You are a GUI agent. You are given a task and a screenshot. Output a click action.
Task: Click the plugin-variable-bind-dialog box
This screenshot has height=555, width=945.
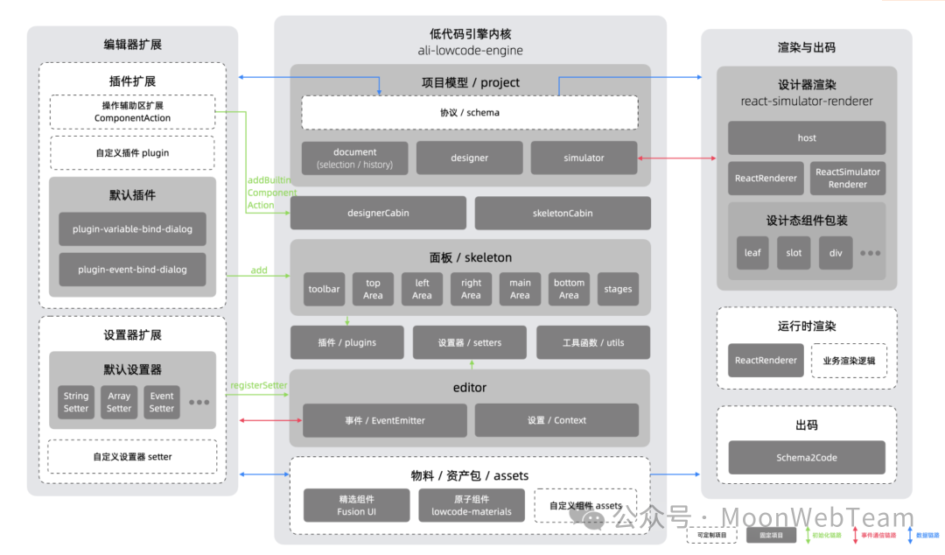[x=133, y=228]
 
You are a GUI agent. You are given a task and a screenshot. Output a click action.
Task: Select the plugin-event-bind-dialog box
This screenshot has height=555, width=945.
[x=133, y=269]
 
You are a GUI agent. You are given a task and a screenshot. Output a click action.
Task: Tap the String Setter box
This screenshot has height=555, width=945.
[x=76, y=402]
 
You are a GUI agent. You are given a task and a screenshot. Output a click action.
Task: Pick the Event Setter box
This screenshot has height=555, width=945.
[x=162, y=402]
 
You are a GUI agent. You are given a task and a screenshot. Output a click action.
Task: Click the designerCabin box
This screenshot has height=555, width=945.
[x=378, y=213]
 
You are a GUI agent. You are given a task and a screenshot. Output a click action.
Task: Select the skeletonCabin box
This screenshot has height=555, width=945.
[x=563, y=213]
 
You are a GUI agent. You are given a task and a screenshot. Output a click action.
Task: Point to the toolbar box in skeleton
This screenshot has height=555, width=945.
[x=324, y=289]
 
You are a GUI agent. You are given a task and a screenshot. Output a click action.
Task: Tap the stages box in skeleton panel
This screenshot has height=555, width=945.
[x=618, y=289]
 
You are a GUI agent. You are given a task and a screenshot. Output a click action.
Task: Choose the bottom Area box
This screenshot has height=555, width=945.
[x=569, y=289]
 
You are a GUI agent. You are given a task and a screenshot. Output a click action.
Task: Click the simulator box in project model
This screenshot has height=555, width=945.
[x=584, y=158]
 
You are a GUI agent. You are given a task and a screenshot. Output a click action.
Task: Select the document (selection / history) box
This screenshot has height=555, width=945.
[x=355, y=158]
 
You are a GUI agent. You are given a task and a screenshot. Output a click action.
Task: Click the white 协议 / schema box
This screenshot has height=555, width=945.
[x=470, y=113]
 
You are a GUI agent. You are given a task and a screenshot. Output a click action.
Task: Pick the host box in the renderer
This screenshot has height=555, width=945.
[x=807, y=137]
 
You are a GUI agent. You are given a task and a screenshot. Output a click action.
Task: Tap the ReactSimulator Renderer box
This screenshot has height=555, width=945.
[x=848, y=178]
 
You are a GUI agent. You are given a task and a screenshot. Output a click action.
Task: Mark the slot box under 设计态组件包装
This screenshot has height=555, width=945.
[x=794, y=252]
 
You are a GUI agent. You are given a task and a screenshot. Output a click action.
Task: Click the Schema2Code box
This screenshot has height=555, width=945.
[x=807, y=457]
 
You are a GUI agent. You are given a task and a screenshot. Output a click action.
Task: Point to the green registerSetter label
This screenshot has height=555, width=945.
[x=258, y=385]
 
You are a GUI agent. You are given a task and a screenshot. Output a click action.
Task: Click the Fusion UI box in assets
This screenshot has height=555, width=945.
[x=356, y=505]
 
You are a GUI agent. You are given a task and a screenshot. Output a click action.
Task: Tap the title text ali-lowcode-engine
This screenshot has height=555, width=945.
[x=470, y=50]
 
